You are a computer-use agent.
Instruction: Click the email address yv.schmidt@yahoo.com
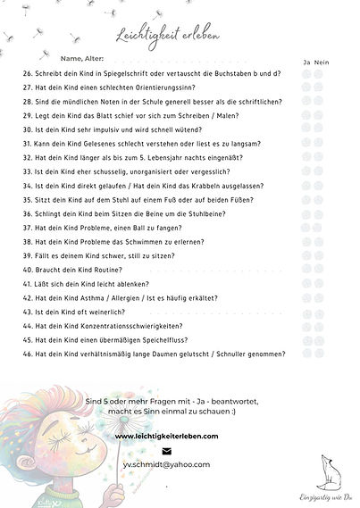[180, 464]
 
